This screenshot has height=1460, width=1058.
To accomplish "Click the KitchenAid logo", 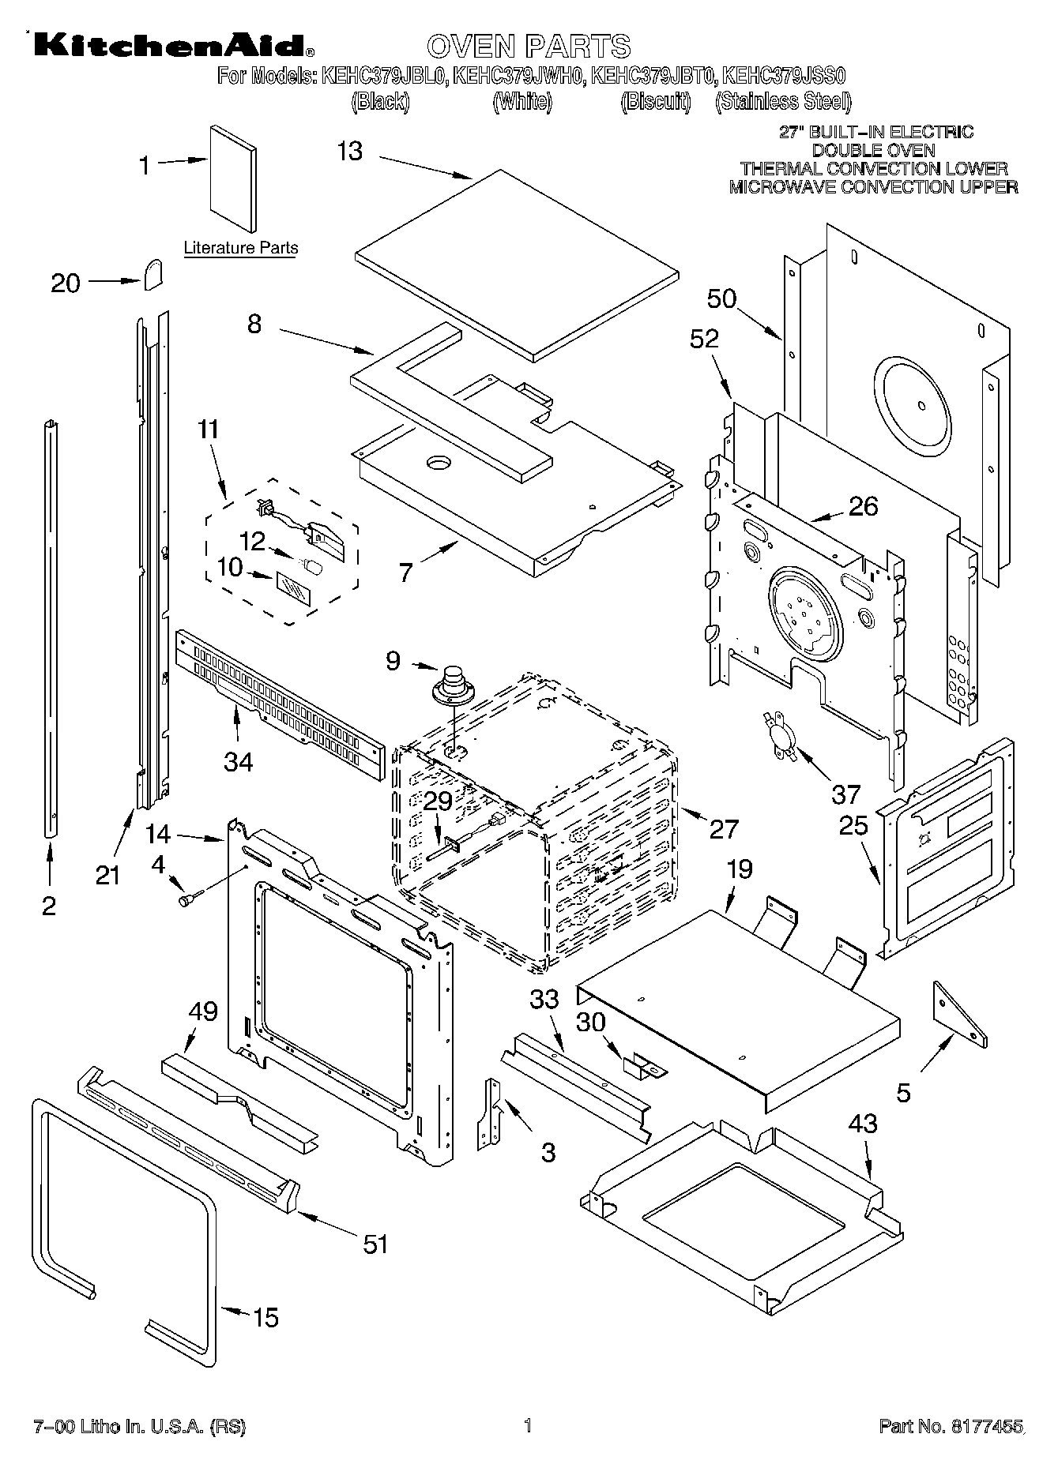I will click(170, 47).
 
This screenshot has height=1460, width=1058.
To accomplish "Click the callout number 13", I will click(349, 151).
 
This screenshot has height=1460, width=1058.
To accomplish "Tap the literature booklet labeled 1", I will click(232, 179).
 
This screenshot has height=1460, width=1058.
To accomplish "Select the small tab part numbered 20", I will click(153, 272).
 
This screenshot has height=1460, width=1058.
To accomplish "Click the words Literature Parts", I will click(241, 248).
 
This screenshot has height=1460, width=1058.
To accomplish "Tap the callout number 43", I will click(862, 1123).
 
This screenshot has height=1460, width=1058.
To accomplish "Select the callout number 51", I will click(375, 1244).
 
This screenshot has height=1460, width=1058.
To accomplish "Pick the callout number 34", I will click(238, 761).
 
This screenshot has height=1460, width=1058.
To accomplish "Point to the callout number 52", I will click(704, 340).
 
